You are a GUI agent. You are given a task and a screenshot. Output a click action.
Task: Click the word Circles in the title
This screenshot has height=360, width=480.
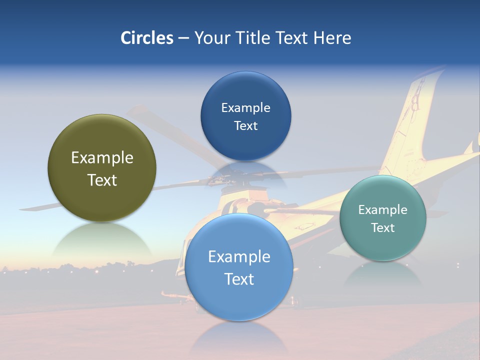[x=147, y=38]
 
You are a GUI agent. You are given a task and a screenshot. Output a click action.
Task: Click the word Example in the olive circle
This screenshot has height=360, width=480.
[x=102, y=158]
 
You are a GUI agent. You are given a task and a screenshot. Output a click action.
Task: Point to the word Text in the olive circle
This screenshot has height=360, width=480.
[x=102, y=180]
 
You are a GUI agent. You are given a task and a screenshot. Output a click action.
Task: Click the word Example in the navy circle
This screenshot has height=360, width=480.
[x=245, y=108]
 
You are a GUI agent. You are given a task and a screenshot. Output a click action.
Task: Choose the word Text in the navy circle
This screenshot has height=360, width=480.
[x=245, y=126]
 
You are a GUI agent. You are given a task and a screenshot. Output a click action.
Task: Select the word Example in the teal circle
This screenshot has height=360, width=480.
[x=382, y=210]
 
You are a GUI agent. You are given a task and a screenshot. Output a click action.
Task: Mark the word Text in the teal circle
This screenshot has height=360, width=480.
[x=382, y=228]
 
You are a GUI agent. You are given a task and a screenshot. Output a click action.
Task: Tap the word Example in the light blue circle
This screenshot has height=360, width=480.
[x=239, y=257]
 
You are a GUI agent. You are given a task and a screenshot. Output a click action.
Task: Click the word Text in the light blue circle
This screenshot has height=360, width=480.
[x=239, y=279]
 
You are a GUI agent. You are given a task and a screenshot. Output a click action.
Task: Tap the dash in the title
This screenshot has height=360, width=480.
[x=183, y=38]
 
